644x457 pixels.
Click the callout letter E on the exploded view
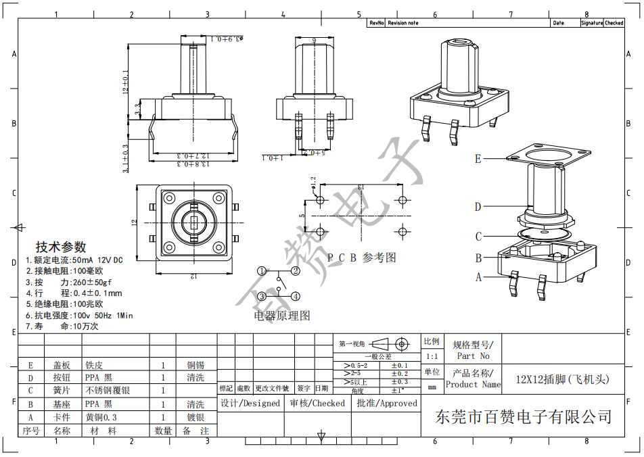478,159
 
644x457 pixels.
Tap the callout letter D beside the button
478,207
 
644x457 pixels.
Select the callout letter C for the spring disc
478,237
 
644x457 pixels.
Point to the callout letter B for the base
478,258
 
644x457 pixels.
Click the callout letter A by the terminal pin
478,276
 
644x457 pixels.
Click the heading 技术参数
61,247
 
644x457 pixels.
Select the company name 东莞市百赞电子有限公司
524,416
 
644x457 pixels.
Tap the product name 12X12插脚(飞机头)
562,379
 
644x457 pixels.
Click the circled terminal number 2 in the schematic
296,271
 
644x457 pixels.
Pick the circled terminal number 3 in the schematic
262,296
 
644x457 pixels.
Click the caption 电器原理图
282,316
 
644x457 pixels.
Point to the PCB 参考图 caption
361,258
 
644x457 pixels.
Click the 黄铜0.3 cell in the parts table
101,418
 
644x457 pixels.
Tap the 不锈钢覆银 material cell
108,391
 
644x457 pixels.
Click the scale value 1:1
431,356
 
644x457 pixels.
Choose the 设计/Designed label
250,404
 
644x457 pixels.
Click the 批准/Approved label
387,404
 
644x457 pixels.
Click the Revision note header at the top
403,23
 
